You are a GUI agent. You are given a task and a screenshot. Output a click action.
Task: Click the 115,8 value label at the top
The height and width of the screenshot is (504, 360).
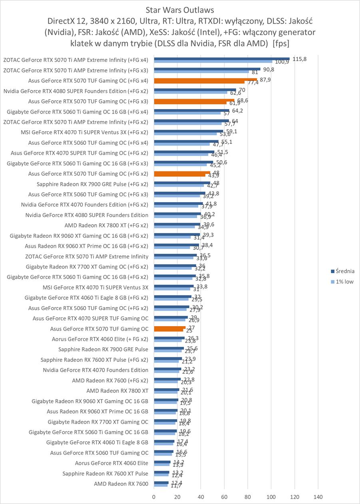[x=299, y=59]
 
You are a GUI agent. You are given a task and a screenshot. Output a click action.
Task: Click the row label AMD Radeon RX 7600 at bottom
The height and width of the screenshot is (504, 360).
[x=121, y=484]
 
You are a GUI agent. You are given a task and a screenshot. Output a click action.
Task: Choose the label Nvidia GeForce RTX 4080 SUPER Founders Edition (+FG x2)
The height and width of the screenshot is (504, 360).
[x=76, y=91]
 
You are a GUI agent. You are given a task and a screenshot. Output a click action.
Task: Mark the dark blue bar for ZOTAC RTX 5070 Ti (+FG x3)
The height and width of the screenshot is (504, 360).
[x=207, y=69]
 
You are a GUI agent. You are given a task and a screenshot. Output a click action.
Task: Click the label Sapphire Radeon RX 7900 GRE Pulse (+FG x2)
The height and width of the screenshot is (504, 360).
[x=92, y=184]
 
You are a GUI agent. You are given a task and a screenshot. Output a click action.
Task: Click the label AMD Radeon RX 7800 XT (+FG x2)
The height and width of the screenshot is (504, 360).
[x=106, y=225]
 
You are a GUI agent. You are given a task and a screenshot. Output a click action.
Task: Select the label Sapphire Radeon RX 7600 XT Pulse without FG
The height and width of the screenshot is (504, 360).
[x=105, y=474]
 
